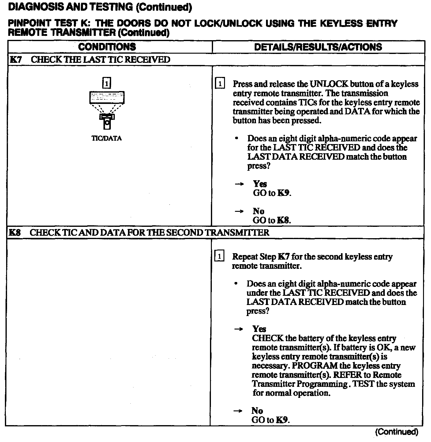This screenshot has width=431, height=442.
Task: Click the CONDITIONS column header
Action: pyautogui.click(x=107, y=47)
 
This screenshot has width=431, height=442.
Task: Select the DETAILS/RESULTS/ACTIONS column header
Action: pyautogui.click(x=318, y=47)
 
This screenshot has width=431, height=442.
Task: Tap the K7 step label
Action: pyautogui.click(x=16, y=59)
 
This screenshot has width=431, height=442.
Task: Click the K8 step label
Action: pyautogui.click(x=15, y=232)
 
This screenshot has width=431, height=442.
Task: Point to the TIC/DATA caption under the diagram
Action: pyautogui.click(x=107, y=138)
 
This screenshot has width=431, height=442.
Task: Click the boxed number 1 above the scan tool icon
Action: pyautogui.click(x=107, y=83)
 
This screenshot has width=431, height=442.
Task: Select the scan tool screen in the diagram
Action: pyautogui.click(x=107, y=97)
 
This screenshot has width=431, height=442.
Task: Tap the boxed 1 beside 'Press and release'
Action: pyautogui.click(x=220, y=84)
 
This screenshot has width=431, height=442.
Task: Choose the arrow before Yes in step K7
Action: pyautogui.click(x=239, y=184)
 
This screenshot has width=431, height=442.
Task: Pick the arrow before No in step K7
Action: pyautogui.click(x=239, y=211)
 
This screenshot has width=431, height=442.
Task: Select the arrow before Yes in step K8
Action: pyautogui.click(x=238, y=329)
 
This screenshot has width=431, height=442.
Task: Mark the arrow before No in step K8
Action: pyautogui.click(x=238, y=411)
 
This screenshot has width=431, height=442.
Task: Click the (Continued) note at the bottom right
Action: pyautogui.click(x=396, y=432)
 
